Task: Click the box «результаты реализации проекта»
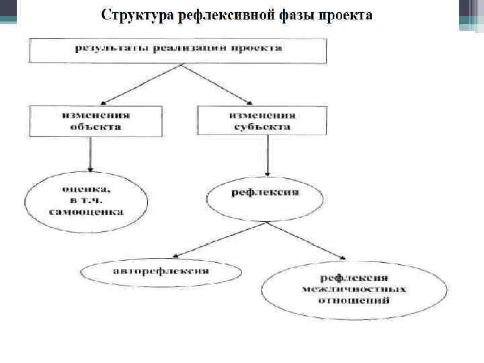coord(178,50)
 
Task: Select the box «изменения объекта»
coord(95,120)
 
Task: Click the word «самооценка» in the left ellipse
coord(85,212)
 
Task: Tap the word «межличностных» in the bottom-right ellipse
coord(354,290)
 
